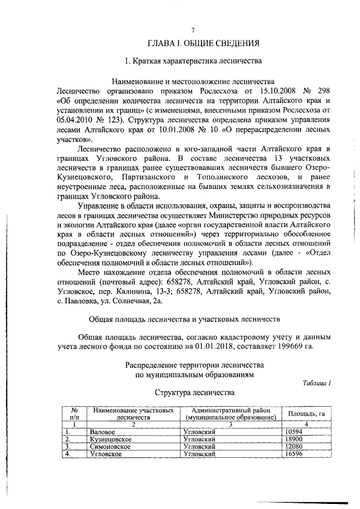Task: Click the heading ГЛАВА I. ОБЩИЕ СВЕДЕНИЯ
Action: (x=203, y=43)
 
